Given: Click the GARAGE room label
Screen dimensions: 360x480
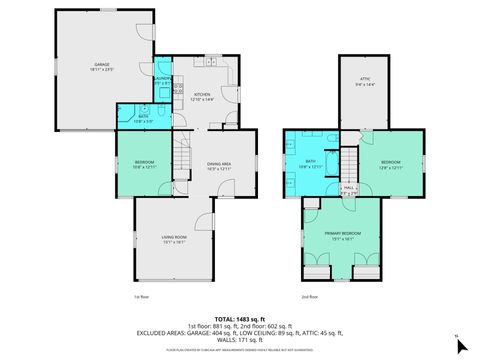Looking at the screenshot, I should pyautogui.click(x=102, y=63).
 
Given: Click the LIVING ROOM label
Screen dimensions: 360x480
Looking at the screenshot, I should pyautogui.click(x=175, y=237).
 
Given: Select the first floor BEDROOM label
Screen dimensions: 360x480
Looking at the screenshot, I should pyautogui.click(x=146, y=163).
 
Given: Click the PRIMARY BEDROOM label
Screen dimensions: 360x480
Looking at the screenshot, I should pyautogui.click(x=342, y=234).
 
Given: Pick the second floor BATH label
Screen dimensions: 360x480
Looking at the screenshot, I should pyautogui.click(x=310, y=162).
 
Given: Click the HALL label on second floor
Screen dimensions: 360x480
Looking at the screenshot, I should pyautogui.click(x=350, y=187).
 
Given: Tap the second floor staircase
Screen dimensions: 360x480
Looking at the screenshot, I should pyautogui.click(x=349, y=163).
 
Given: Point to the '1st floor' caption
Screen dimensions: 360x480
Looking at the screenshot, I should pyautogui.click(x=141, y=297).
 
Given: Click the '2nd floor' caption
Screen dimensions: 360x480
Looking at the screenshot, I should pyautogui.click(x=312, y=297).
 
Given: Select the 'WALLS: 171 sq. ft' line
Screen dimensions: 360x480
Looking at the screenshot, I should pyautogui.click(x=240, y=341).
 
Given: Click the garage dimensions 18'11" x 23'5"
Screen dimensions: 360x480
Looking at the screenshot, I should pyautogui.click(x=102, y=69).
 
